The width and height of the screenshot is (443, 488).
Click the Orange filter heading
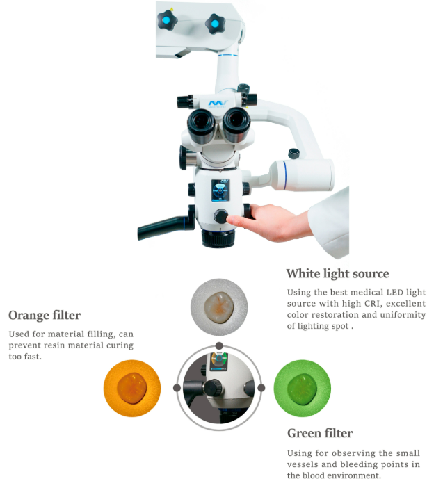pyautogui.click(x=45, y=315)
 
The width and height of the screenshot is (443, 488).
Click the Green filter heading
pyautogui.click(x=319, y=433)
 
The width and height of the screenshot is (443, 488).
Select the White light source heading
pyautogui.click(x=337, y=273)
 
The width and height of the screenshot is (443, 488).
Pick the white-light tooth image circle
pyautogui.click(x=219, y=307)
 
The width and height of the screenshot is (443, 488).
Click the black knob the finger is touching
pyautogui.click(x=221, y=216)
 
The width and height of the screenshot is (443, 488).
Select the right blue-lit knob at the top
pyautogui.click(x=214, y=25)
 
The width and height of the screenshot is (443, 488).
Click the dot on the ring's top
pyautogui.click(x=219, y=346)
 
